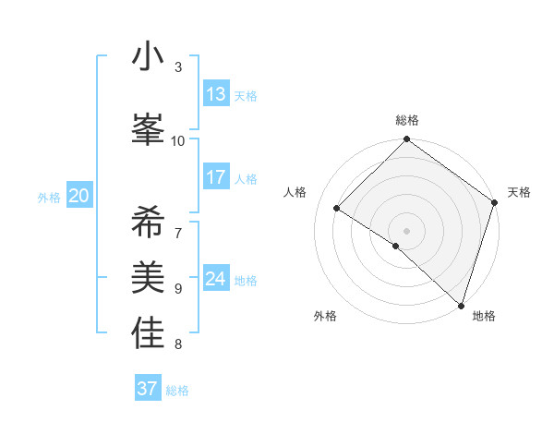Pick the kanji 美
(x=148, y=278)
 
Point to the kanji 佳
(x=148, y=333)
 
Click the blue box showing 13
(x=216, y=94)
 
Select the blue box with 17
(x=216, y=177)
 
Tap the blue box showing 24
(x=216, y=279)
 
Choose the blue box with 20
(x=78, y=196)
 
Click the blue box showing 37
(x=148, y=389)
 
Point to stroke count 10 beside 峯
(x=178, y=140)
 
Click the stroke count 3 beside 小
(x=178, y=67)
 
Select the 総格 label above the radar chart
(x=407, y=120)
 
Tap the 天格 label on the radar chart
(x=519, y=192)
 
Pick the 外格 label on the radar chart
(x=325, y=316)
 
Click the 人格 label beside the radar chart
(x=295, y=192)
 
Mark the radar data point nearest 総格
(x=407, y=140)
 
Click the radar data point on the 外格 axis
(x=395, y=246)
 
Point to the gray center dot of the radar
(x=407, y=230)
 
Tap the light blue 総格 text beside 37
(x=177, y=391)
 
